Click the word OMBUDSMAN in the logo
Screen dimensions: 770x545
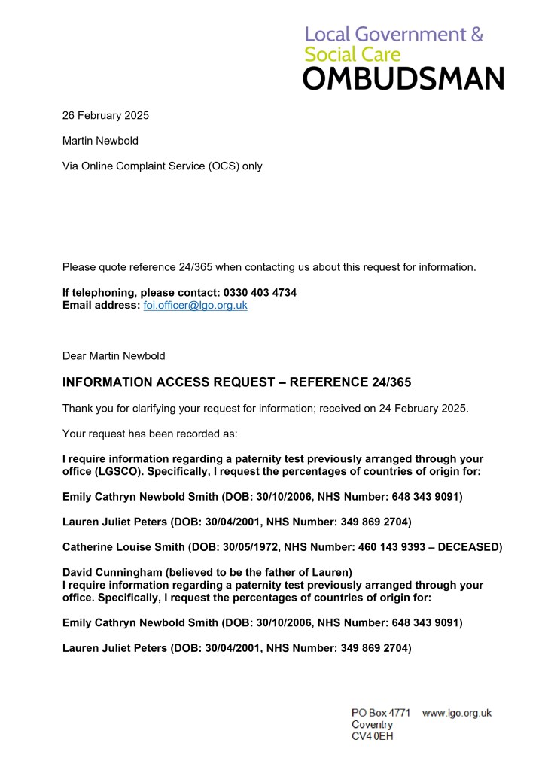(x=403, y=78)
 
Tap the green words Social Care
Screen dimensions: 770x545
(x=352, y=55)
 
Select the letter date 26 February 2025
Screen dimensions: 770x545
(x=105, y=115)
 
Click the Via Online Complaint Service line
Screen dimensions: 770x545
(x=162, y=166)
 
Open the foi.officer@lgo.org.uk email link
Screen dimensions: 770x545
(x=195, y=305)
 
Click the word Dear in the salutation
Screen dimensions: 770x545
(x=74, y=355)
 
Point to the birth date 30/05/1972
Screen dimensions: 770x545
(x=248, y=546)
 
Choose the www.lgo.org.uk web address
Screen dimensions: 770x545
(x=457, y=712)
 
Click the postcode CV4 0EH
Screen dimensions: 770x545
(x=373, y=736)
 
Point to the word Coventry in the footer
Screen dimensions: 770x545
(x=373, y=724)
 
